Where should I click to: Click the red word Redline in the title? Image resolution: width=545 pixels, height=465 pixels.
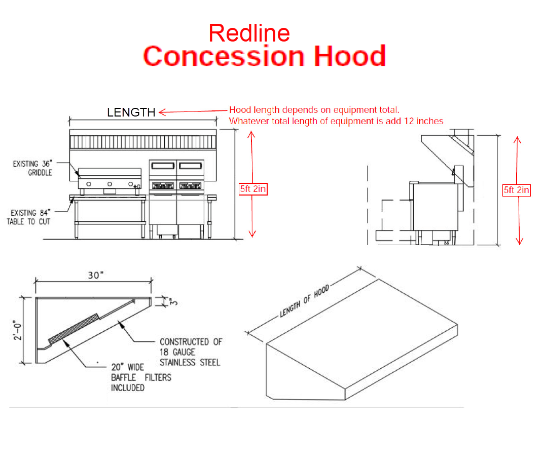coord(249,33)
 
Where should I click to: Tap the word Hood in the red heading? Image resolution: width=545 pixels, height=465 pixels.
coord(349,56)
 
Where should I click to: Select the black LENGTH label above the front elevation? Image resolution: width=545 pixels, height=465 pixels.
coord(131,112)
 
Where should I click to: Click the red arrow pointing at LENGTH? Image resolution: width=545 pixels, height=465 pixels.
coord(193,111)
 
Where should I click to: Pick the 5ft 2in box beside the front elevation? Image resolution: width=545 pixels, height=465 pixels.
coord(253,189)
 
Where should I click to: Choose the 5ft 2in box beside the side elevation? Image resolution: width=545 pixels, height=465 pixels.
coord(517,190)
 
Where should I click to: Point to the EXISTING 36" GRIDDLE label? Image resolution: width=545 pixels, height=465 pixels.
coord(32,168)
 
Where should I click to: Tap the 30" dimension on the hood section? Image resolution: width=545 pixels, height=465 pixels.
coord(95,275)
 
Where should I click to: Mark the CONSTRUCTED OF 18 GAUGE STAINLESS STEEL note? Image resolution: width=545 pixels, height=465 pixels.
coord(190,352)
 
